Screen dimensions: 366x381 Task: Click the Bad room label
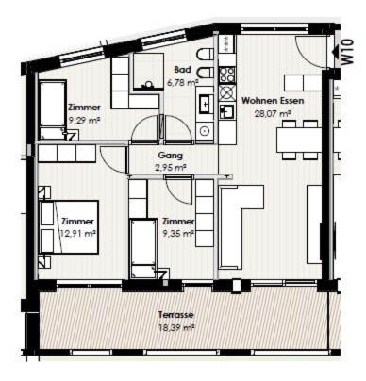[x=182, y=69]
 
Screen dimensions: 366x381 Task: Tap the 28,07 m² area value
[x=273, y=113]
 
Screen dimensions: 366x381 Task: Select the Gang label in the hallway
[x=170, y=156]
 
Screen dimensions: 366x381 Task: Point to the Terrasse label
[x=176, y=315]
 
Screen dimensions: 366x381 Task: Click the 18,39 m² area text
[x=177, y=328]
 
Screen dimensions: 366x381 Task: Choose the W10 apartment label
[x=347, y=52]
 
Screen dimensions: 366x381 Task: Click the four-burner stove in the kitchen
[x=227, y=75]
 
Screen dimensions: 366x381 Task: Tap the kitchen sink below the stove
[x=227, y=111]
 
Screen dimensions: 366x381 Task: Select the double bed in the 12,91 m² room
[x=69, y=226]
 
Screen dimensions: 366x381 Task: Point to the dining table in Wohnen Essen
[x=299, y=140]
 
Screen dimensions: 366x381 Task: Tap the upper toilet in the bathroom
[x=205, y=55]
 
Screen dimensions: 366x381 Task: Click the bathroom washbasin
[x=205, y=104]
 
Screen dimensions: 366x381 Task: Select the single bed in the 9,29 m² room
[x=53, y=108]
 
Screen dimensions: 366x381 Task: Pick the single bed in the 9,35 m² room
[x=143, y=248]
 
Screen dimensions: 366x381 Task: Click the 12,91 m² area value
[x=77, y=234]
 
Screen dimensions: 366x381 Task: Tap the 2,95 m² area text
[x=171, y=168]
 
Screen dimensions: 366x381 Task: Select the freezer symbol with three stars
[x=227, y=44]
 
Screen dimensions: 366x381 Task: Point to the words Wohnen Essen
[x=273, y=101]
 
